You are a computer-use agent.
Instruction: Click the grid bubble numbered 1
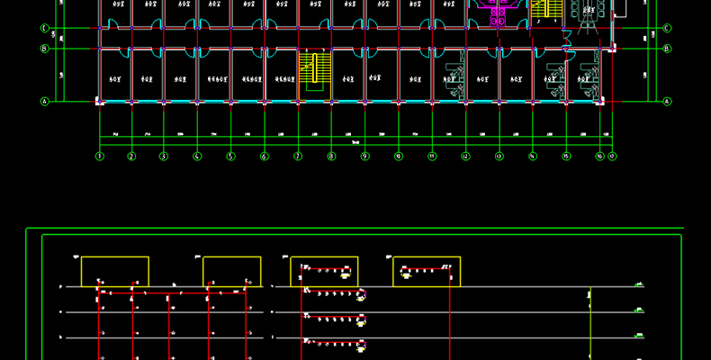coord(99,157)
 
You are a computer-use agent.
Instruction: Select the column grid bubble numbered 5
coord(230,157)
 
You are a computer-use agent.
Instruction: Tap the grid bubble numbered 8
coord(331,157)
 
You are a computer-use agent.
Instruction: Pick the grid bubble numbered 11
coord(432,157)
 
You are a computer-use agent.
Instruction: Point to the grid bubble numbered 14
coord(532,157)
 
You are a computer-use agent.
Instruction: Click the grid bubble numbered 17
coord(612,157)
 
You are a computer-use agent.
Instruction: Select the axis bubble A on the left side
coord(43,102)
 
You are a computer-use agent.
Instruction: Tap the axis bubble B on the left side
coord(43,49)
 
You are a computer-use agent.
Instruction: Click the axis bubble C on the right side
coord(667,29)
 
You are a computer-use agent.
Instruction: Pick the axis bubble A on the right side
coord(667,102)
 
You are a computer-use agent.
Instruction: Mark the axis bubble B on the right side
coord(667,49)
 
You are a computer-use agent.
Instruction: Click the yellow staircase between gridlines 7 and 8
coord(311,68)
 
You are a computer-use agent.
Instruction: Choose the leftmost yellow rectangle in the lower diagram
coord(115,272)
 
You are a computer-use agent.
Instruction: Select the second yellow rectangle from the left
coord(231,272)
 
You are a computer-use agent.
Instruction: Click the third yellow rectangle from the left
coord(324,272)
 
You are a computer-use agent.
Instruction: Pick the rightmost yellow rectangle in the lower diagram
coord(427,272)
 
